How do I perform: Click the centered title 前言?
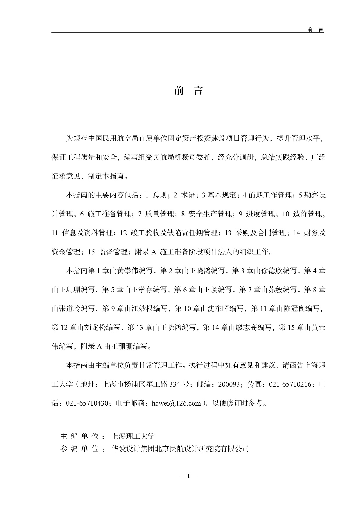click(x=188, y=91)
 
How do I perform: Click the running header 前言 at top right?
click(x=315, y=30)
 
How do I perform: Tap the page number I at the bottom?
click(x=188, y=476)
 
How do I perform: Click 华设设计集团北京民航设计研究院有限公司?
click(x=180, y=449)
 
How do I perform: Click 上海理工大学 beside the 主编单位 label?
click(x=133, y=436)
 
